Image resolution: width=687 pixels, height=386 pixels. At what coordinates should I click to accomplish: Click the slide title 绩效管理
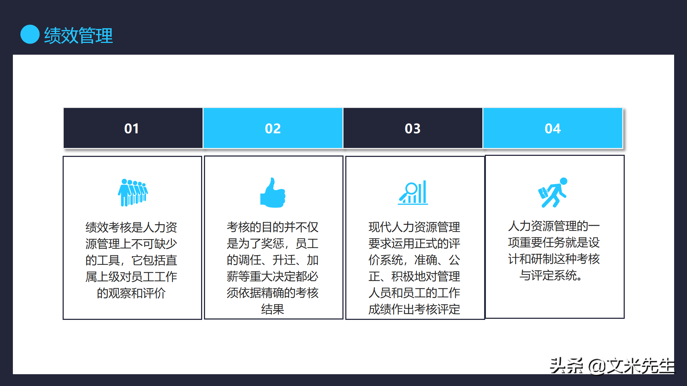pos(78,35)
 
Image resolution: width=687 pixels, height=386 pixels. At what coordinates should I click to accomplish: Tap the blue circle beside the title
pos(30,34)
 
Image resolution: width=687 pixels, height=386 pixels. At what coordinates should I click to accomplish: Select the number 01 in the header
pos(132,129)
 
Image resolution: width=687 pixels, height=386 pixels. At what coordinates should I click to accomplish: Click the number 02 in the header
pos(273,129)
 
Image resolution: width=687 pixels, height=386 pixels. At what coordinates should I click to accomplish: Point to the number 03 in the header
pos(413,129)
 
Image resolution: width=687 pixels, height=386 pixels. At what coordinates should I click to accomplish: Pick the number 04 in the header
pos(552,129)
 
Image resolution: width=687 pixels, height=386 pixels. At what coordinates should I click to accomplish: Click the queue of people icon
pos(133,192)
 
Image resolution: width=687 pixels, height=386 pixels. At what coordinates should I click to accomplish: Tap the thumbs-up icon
pos(273,193)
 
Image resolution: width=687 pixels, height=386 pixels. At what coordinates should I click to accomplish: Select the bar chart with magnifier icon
pos(413,193)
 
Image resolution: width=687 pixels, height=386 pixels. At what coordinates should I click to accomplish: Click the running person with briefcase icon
pos(553,192)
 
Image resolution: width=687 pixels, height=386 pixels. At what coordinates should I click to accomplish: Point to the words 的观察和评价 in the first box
pos(131,293)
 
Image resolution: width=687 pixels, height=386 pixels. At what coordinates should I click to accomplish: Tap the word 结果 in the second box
pos(273,309)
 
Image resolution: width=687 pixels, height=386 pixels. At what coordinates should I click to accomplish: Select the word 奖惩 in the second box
pos(272,244)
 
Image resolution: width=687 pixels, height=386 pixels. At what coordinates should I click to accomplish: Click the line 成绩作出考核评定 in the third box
pos(414,309)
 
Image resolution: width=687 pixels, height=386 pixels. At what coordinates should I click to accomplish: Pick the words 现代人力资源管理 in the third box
pos(414,227)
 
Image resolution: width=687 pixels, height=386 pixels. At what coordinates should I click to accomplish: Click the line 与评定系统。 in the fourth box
pos(551,275)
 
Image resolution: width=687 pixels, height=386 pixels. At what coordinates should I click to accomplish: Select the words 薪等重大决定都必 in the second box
pos(273,276)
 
